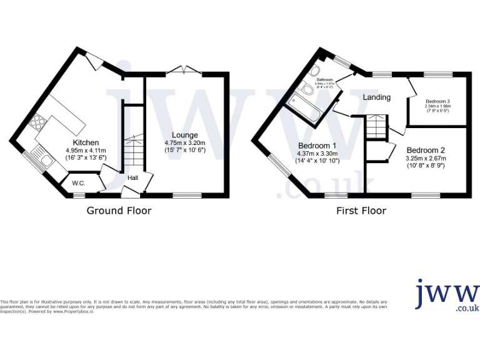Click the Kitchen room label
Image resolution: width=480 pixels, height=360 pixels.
86,142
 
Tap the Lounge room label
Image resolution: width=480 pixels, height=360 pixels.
185,135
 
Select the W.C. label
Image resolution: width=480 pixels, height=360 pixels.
79,183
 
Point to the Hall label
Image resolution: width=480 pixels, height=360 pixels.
132,178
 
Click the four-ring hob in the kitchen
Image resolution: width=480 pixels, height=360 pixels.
36,121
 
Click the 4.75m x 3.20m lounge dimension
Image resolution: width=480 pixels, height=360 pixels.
185,142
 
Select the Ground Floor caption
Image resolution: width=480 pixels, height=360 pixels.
119,211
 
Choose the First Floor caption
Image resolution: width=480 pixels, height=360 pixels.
361,211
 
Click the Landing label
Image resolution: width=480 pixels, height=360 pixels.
377,97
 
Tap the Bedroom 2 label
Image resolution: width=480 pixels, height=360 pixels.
426,150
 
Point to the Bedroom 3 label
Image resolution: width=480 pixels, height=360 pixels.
438,101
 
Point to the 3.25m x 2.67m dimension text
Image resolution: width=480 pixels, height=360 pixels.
426,158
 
